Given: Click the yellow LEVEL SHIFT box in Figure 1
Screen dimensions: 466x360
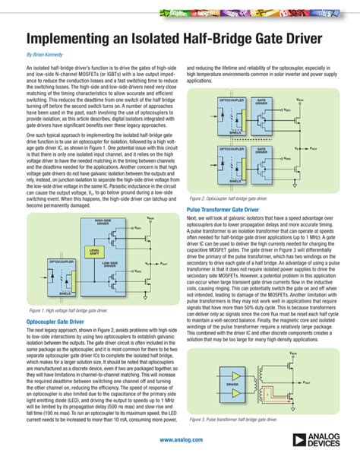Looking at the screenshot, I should [x=94, y=252].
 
